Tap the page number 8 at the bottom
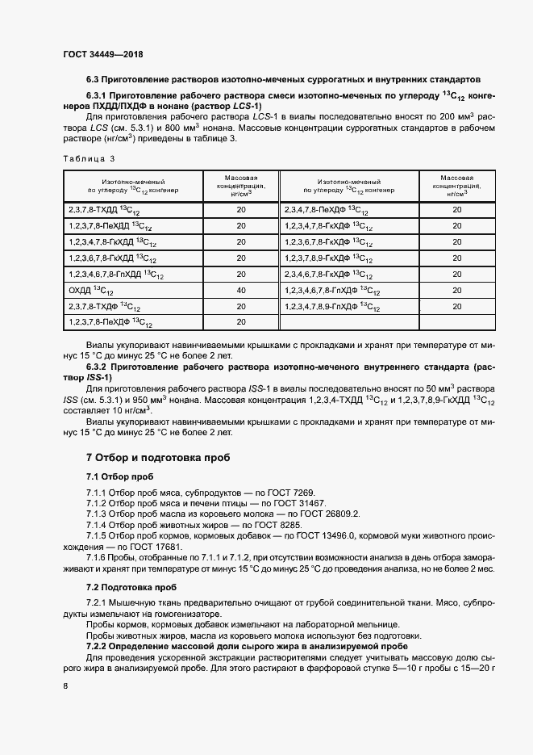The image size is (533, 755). coord(65,685)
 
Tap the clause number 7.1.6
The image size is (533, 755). coord(99,558)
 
